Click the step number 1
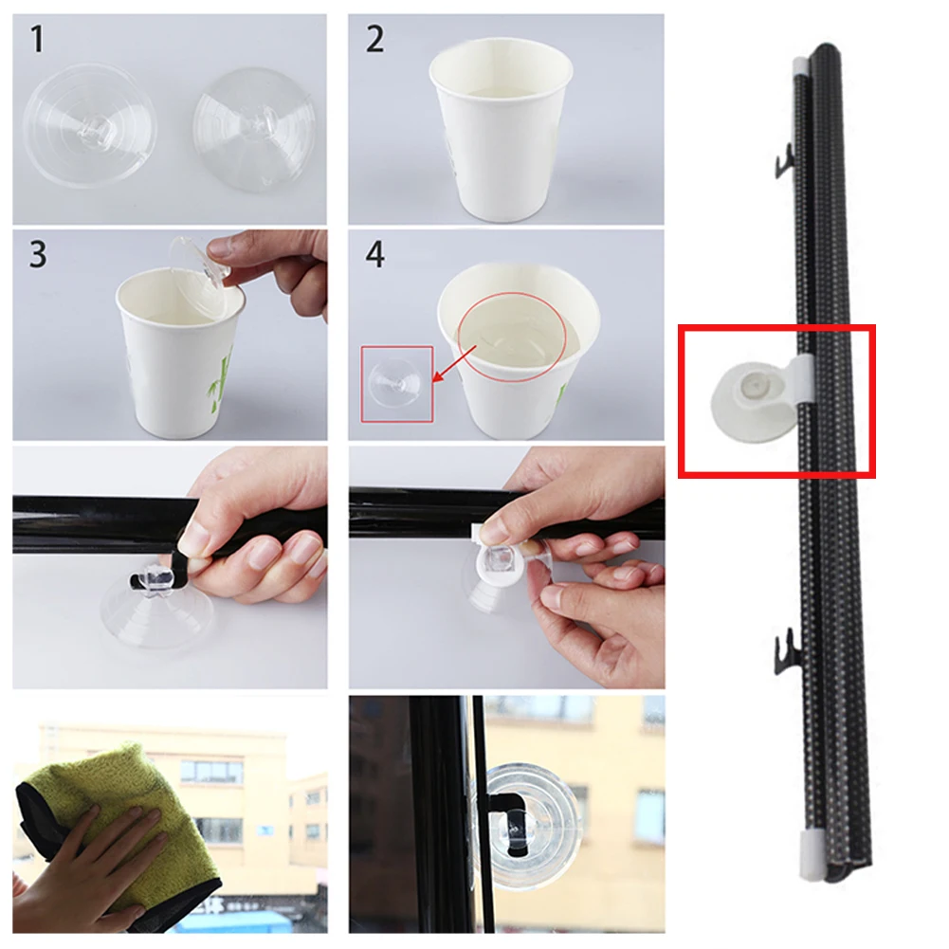[x=38, y=39]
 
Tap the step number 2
[x=375, y=39]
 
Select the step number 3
[x=38, y=254]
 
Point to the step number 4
[x=375, y=254]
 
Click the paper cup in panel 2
[x=502, y=128]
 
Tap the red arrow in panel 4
[x=454, y=364]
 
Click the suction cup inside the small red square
[x=396, y=383]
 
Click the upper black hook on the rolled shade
[x=785, y=161]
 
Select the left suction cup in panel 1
[x=89, y=125]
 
